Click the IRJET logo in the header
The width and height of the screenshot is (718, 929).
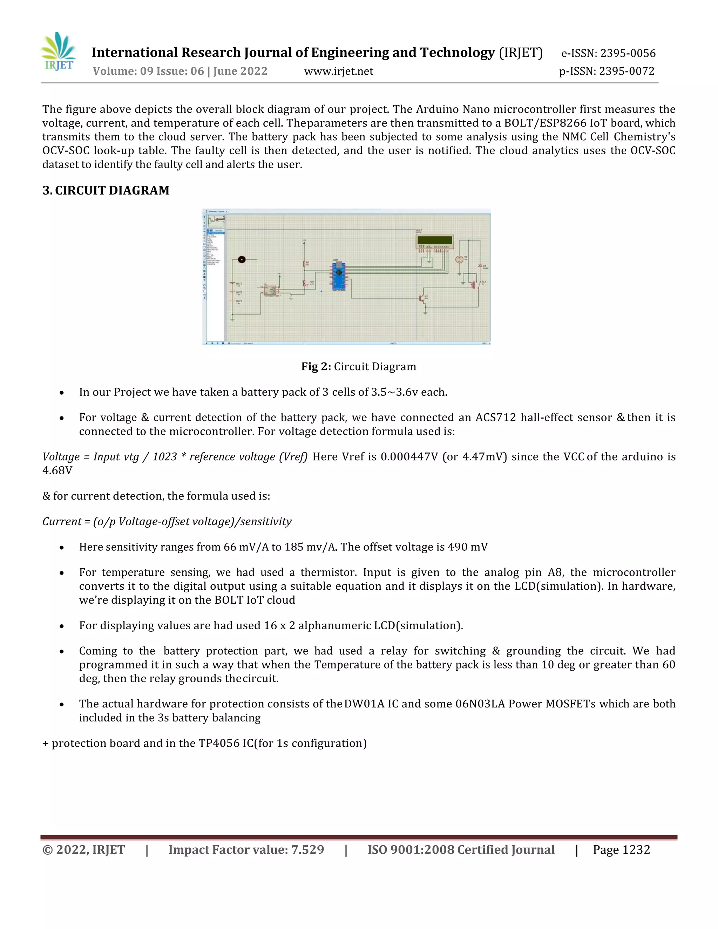(x=58, y=52)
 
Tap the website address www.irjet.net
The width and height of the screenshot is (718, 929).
(x=339, y=71)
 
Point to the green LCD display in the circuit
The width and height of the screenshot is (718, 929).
(x=435, y=241)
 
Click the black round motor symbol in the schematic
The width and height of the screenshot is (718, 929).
(x=242, y=259)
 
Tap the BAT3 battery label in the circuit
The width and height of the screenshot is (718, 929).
(x=239, y=284)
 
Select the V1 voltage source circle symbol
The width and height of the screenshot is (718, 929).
(x=459, y=259)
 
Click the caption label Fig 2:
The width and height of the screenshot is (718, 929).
(x=316, y=367)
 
